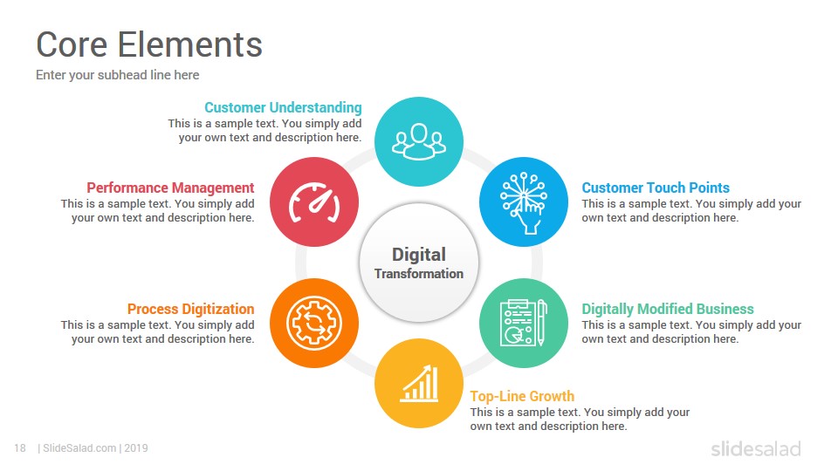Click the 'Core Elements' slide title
click(149, 44)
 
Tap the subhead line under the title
click(118, 75)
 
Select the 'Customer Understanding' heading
click(283, 108)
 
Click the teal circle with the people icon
click(419, 141)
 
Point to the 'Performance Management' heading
click(170, 188)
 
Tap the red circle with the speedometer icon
click(314, 201)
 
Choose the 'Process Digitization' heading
click(191, 309)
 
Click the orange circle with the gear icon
click(314, 323)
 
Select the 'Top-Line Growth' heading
click(522, 396)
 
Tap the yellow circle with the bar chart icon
click(419, 384)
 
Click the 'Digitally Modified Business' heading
click(668, 309)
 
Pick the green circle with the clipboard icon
click(524, 323)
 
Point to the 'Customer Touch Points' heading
click(656, 188)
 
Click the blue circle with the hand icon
click(524, 201)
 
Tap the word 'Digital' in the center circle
click(419, 255)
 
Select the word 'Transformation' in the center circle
click(419, 274)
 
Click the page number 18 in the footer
click(20, 448)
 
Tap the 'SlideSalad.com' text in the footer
click(79, 448)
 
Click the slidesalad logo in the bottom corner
click(756, 448)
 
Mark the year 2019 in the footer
click(136, 448)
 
